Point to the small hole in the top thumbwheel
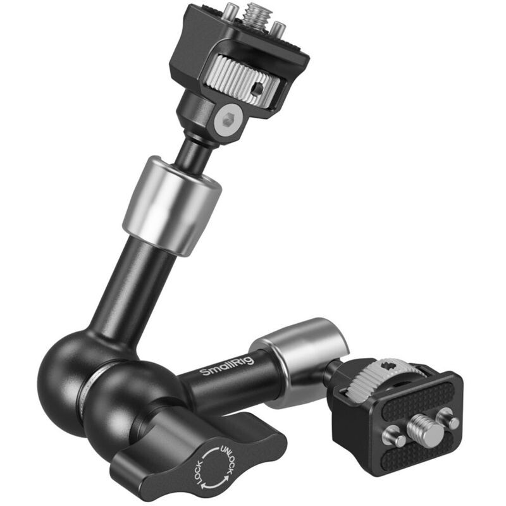(x=257, y=89)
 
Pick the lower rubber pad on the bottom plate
(x=430, y=459)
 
